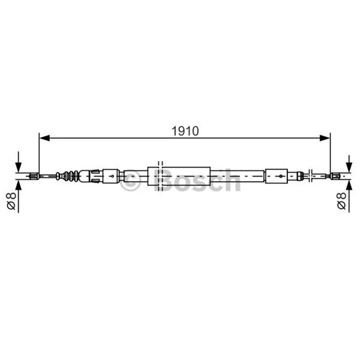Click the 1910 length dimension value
coord(185,131)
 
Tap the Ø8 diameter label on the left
coord(11,201)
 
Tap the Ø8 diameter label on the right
coord(342,201)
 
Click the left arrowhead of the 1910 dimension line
coord(45,138)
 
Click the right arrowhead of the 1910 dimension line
coord(325,138)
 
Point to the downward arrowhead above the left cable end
coord(18,167)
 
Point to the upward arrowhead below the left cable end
coord(18,185)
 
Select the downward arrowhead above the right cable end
coord(349,167)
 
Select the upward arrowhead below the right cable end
coord(349,185)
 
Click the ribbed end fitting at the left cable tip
coord(34,176)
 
